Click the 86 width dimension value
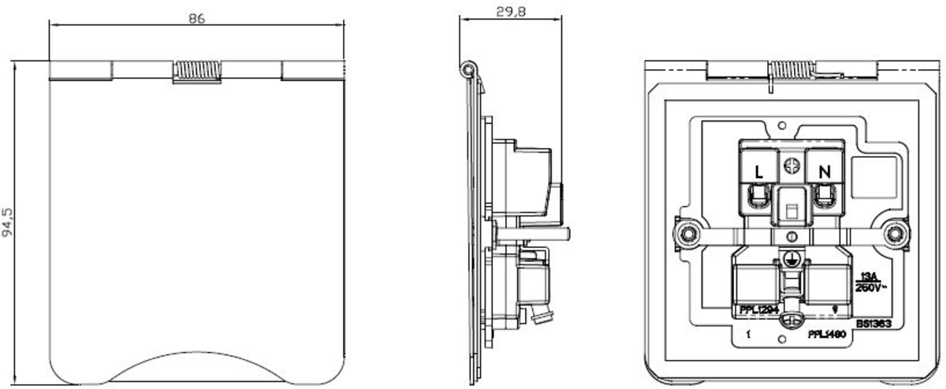coord(196,18)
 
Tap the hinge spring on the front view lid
coord(198,71)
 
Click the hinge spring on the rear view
coord(792,69)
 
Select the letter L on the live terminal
coord(759,170)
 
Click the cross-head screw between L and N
coord(792,166)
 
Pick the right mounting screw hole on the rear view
coord(894,234)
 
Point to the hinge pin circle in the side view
coord(469,71)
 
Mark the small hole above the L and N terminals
coord(781,124)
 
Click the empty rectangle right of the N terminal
coord(877,176)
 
